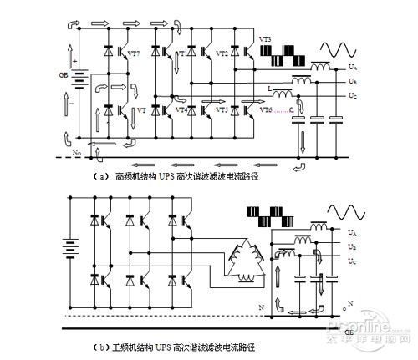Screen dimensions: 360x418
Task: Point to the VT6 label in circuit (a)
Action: [265, 110]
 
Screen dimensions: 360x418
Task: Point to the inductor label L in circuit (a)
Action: [268, 87]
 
